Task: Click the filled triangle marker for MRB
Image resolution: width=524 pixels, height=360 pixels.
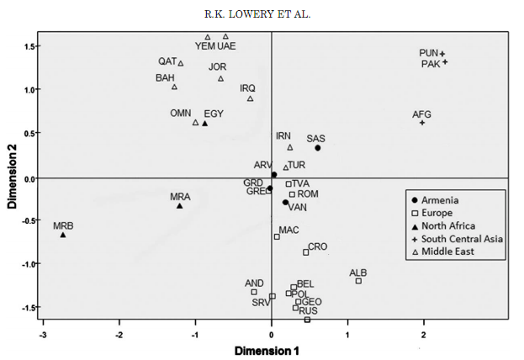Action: [63, 235]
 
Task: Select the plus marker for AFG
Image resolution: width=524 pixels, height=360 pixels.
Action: [422, 123]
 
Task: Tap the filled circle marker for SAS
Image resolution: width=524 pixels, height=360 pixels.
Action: [318, 148]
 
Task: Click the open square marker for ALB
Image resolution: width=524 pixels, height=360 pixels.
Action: [358, 281]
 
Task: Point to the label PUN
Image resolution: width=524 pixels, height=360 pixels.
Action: [429, 53]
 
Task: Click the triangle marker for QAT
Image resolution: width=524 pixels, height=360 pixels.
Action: [181, 63]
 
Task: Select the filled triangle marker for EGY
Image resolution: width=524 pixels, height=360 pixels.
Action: [204, 124]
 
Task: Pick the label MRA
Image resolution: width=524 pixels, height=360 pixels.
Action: [180, 197]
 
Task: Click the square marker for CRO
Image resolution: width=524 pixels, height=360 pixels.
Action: [306, 252]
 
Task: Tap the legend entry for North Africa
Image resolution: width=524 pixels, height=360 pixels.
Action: [448, 225]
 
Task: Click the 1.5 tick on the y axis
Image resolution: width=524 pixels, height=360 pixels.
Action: [29, 46]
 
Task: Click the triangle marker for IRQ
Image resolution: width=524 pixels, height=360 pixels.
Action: [251, 98]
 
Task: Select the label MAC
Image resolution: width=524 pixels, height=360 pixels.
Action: [288, 230]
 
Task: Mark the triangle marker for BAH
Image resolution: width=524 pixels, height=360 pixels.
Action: [175, 87]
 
